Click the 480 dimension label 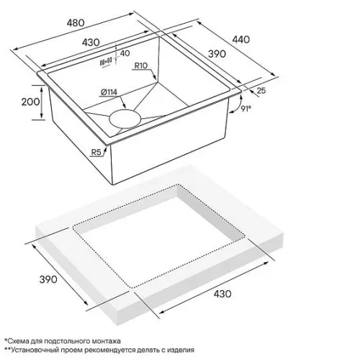[76, 23]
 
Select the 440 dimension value [241, 40]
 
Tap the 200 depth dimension [31, 102]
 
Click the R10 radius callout [141, 66]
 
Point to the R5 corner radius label [96, 152]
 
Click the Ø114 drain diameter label [109, 92]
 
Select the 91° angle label [246, 109]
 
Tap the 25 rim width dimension [261, 91]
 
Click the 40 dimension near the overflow [125, 53]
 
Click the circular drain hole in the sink [125, 118]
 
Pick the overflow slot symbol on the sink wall [106, 61]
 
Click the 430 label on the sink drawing [91, 42]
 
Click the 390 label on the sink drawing [217, 54]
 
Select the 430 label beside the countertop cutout [222, 294]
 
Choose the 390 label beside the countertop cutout [48, 279]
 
